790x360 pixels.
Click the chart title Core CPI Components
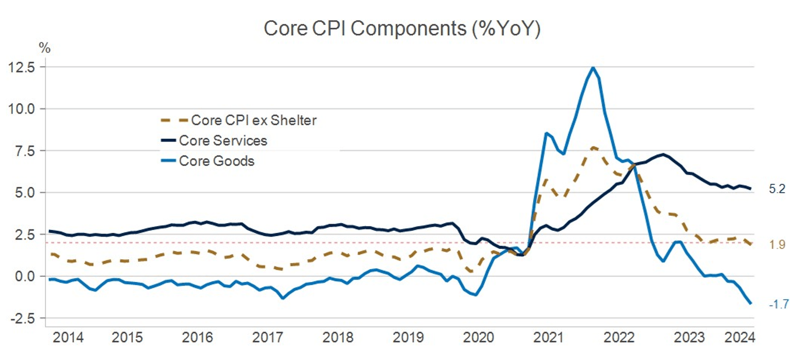[402, 29]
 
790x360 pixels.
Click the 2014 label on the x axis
[68, 337]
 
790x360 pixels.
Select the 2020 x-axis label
[477, 337]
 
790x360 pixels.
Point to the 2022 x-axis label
[619, 337]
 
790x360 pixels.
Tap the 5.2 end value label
[777, 189]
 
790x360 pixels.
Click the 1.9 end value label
[777, 245]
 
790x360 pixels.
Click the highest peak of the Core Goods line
[592, 68]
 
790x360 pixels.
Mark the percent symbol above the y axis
[45, 48]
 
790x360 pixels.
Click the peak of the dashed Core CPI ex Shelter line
[592, 147]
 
